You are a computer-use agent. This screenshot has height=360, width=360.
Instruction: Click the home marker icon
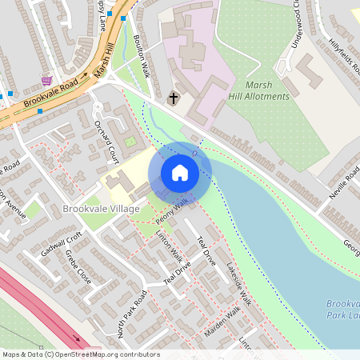(x=180, y=173)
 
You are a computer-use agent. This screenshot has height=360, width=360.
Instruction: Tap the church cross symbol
(x=174, y=98)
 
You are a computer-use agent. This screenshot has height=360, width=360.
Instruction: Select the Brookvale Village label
(x=101, y=209)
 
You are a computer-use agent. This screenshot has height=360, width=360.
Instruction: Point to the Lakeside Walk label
(x=238, y=284)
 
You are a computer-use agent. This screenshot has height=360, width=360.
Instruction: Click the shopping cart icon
(x=46, y=80)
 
